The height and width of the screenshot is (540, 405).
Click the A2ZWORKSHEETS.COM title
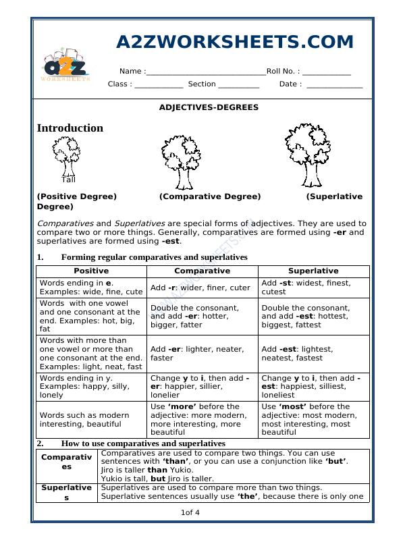click(235, 42)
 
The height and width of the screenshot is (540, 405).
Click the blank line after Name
click(205, 72)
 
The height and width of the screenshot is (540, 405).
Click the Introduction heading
click(70, 128)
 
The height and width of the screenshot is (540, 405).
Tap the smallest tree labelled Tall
click(66, 155)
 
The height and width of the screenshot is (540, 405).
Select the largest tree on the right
click(309, 155)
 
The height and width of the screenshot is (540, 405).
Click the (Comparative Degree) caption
click(210, 196)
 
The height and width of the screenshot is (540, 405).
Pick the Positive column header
click(91, 271)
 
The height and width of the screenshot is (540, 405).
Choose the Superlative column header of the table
click(313, 271)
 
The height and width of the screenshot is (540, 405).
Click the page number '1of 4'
click(190, 513)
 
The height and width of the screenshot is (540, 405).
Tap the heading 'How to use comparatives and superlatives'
click(142, 443)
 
